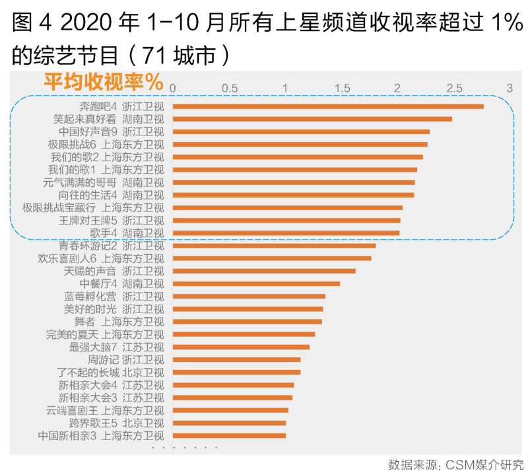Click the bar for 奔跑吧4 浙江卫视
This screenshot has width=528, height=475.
328,106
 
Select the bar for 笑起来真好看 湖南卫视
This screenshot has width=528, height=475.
312,119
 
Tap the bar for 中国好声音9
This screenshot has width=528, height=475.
301,131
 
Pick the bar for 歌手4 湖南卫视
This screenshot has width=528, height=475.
286,233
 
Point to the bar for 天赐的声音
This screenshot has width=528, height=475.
264,271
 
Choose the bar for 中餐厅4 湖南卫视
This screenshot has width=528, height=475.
256,283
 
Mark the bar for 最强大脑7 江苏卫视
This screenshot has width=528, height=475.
241,347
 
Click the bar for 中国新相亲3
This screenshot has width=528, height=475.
229,435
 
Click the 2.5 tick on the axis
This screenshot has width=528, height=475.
453,88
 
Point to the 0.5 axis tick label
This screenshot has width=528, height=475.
230,88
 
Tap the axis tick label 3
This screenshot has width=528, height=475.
510,88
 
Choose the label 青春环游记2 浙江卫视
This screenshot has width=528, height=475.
111,246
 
